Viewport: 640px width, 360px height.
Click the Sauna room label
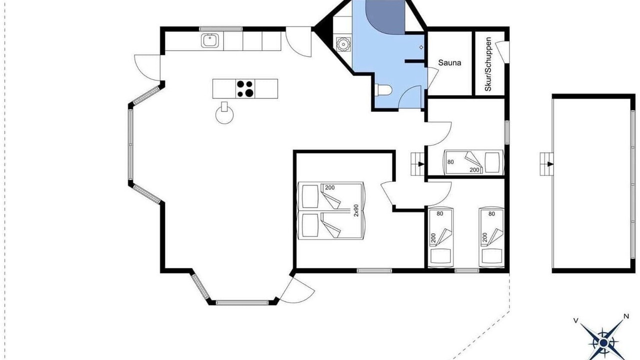click(x=449, y=62)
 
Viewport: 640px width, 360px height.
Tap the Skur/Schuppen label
click(x=488, y=64)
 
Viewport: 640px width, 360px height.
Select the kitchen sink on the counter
click(x=209, y=40)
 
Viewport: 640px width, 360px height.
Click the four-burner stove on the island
click(x=245, y=88)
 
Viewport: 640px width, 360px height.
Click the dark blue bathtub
click(x=385, y=16)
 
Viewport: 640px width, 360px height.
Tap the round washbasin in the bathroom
click(x=343, y=44)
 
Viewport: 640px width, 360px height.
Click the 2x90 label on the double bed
click(x=356, y=210)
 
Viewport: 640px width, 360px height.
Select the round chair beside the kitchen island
click(x=224, y=113)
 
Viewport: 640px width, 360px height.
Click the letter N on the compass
click(x=626, y=316)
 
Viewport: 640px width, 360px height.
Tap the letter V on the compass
click(x=575, y=320)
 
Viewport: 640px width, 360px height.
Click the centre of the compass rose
click(x=603, y=342)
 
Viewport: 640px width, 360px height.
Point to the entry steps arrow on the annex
click(x=550, y=164)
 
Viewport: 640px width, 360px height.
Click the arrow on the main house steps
click(x=421, y=164)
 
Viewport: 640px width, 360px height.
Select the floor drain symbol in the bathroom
click(x=421, y=47)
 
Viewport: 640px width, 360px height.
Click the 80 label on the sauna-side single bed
click(x=450, y=162)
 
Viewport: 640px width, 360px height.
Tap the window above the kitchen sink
click(x=220, y=29)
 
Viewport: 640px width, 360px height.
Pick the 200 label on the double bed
click(x=329, y=187)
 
